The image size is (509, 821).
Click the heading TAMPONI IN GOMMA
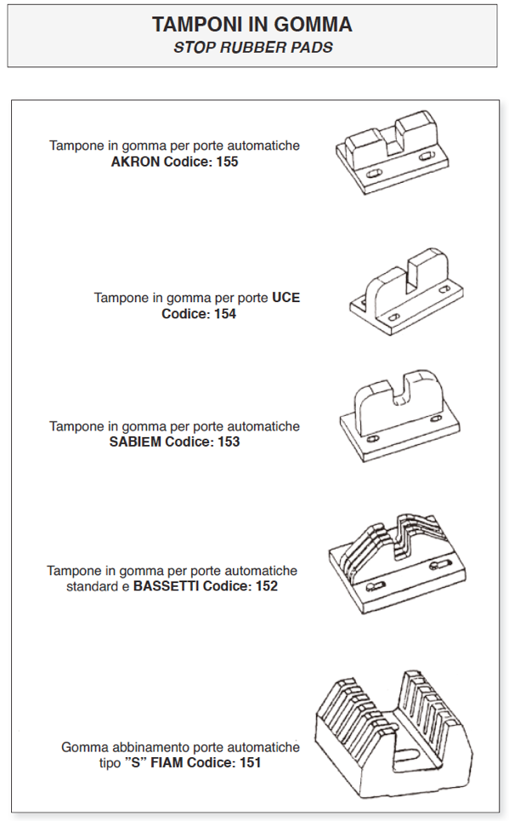click(252, 25)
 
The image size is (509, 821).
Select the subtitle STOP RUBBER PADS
click(253, 48)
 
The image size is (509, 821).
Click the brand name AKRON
click(135, 162)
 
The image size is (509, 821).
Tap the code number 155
click(227, 162)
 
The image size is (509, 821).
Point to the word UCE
click(286, 298)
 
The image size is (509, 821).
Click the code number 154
click(225, 314)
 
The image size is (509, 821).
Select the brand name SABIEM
click(135, 442)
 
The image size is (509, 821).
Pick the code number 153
click(229, 442)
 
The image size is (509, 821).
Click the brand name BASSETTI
click(166, 586)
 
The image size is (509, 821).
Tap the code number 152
click(266, 586)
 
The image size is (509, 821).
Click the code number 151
click(250, 762)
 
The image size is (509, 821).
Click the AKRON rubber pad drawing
click(393, 152)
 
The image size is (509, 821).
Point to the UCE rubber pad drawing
click(406, 291)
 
